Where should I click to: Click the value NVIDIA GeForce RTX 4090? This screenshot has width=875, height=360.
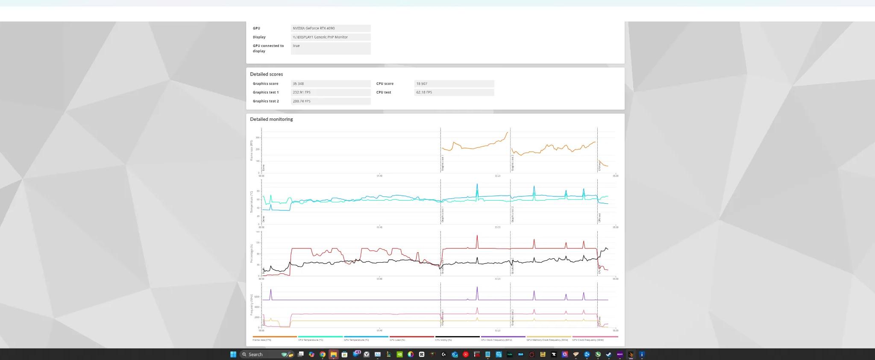click(314, 28)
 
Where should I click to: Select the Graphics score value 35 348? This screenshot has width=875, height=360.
click(298, 84)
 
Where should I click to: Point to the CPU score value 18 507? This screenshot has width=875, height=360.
click(422, 84)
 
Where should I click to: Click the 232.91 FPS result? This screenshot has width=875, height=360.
click(302, 92)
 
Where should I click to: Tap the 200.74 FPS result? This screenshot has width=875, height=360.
click(302, 101)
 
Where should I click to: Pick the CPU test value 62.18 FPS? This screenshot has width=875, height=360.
click(424, 92)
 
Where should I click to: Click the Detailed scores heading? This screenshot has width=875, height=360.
click(266, 74)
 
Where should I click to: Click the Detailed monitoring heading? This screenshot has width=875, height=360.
click(271, 119)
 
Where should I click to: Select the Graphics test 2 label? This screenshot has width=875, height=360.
click(265, 101)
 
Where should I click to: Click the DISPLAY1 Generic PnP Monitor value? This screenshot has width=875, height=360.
click(320, 37)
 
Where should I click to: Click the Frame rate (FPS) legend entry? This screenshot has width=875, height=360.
click(262, 340)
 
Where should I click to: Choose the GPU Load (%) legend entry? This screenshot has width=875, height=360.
click(397, 340)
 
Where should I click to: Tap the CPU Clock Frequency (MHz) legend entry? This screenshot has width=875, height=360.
click(496, 340)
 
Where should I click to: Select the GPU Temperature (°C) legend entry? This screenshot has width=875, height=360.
click(356, 340)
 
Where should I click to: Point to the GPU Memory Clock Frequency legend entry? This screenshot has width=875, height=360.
click(547, 340)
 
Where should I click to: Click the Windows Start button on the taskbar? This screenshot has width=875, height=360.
click(233, 354)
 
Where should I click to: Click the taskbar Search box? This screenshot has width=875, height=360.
click(261, 354)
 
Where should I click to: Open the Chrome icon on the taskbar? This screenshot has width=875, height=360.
click(323, 354)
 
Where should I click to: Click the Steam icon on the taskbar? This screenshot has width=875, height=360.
click(609, 354)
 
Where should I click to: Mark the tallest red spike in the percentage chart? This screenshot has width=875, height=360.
click(477, 236)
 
